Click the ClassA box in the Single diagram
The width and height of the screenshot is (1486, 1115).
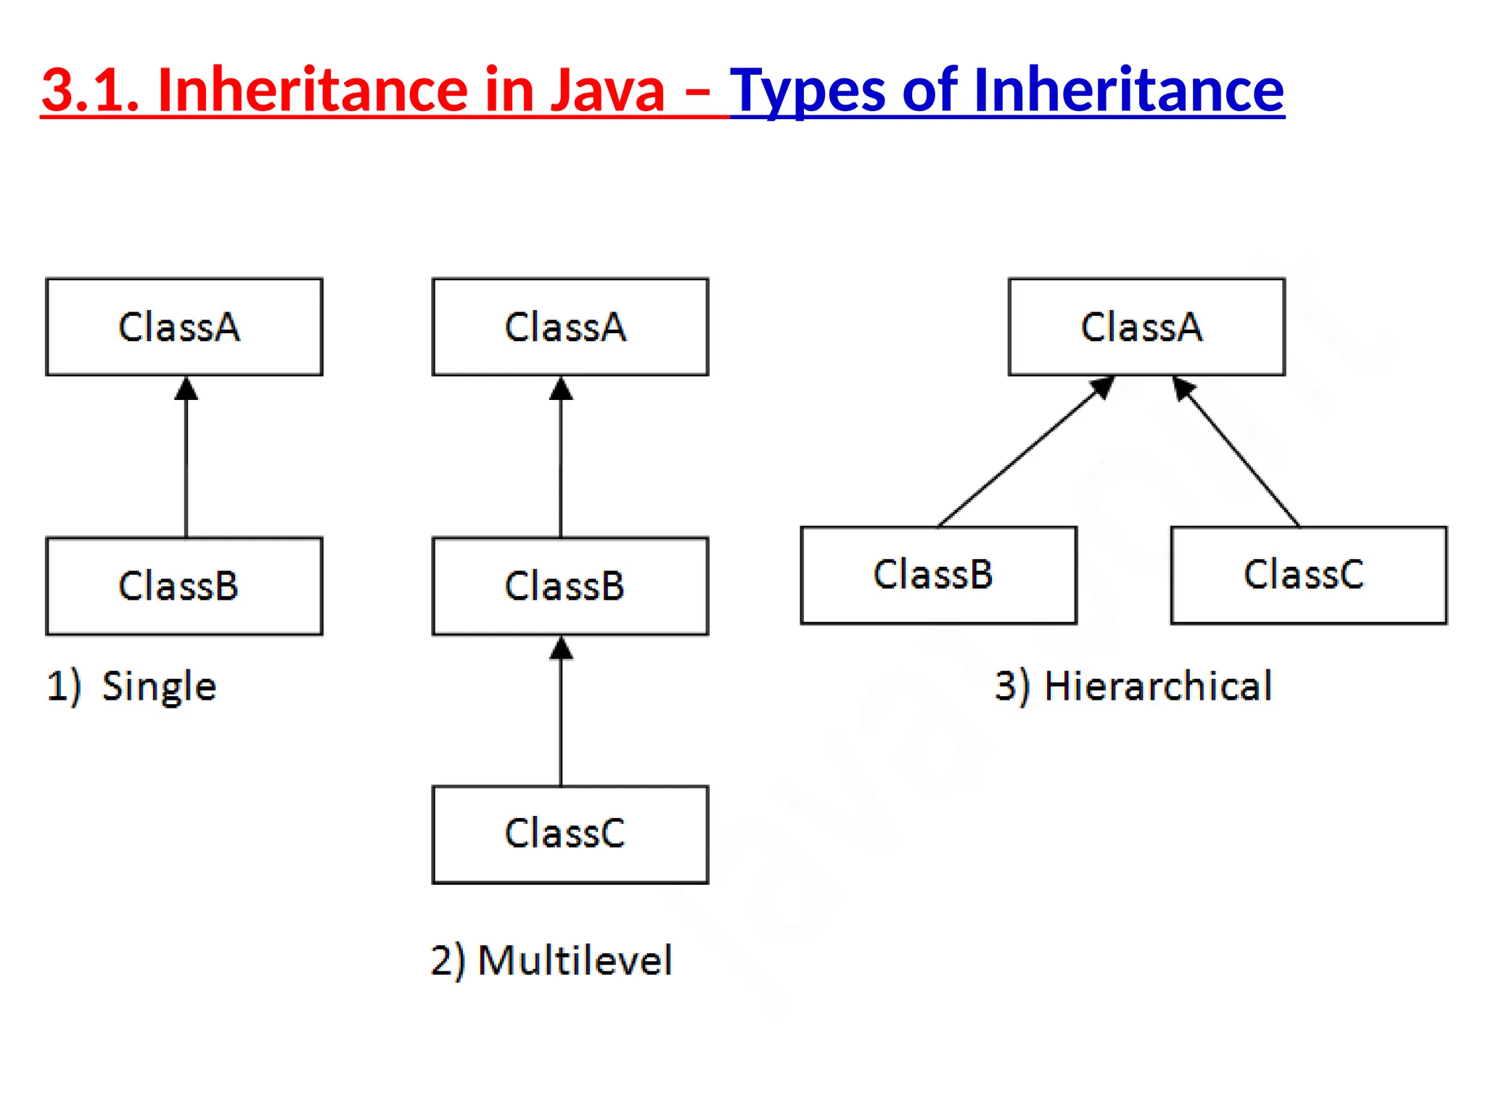tap(184, 327)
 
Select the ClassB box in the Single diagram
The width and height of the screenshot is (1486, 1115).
tap(184, 586)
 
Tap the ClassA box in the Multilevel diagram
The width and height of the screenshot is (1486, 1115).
tap(570, 327)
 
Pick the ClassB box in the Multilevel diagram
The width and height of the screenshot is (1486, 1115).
tap(570, 586)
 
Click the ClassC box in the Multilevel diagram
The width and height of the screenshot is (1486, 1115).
tap(570, 834)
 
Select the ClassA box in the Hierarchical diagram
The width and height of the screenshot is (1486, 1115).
tap(1146, 327)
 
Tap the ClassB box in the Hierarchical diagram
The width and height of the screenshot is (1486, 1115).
tap(938, 575)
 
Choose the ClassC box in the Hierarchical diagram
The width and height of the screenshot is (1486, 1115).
tap(1308, 575)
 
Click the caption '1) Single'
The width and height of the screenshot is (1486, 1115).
tap(131, 686)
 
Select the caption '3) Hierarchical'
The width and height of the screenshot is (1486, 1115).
tap(1133, 686)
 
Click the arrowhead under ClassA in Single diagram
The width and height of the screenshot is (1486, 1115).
tap(186, 389)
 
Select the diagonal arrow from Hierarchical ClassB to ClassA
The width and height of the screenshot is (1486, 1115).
tap(1023, 454)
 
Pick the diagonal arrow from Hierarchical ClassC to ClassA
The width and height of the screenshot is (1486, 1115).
tap(1237, 454)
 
